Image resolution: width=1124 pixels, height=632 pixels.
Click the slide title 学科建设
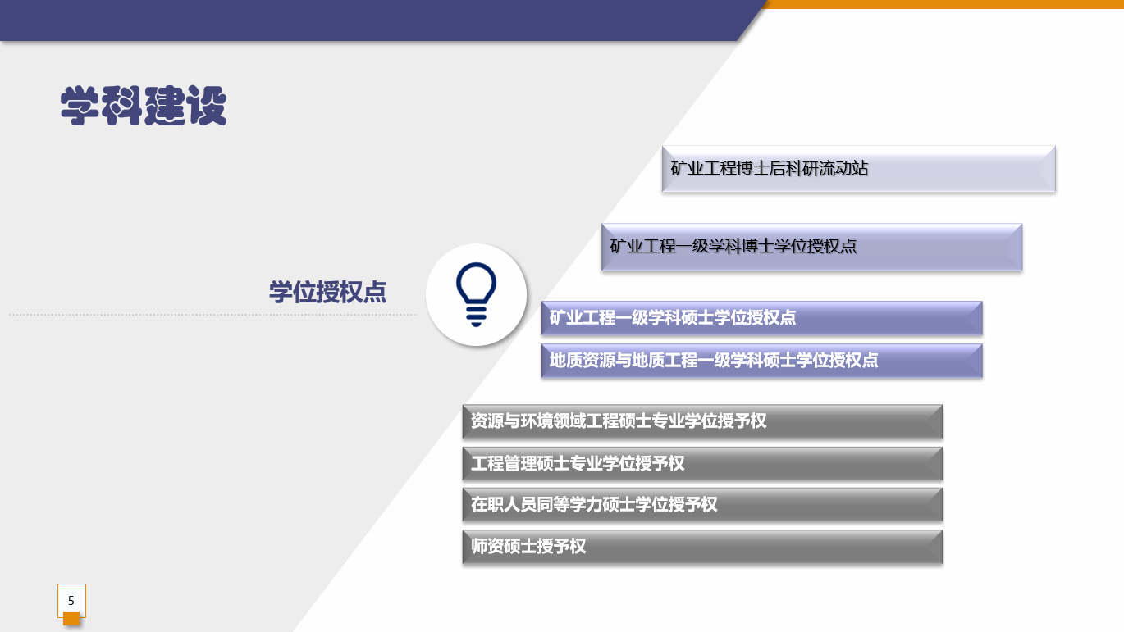tap(144, 105)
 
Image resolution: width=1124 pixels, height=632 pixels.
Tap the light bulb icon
tap(476, 294)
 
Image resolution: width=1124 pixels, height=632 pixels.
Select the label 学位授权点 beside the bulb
tap(327, 292)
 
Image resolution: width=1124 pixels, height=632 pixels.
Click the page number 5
tap(71, 600)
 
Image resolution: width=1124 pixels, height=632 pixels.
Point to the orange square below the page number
tap(71, 618)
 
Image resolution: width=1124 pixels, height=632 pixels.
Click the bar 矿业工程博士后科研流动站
tap(858, 169)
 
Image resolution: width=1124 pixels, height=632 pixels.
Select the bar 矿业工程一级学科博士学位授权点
tap(812, 247)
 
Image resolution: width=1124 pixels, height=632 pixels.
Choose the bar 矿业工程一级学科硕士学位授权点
tap(761, 318)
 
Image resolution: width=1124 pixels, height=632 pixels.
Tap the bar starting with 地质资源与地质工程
tap(761, 361)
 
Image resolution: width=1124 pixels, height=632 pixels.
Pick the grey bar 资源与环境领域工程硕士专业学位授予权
tap(702, 421)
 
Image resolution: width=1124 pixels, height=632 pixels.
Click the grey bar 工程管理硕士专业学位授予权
tap(702, 464)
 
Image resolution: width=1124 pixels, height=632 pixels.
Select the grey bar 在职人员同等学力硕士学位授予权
tap(702, 505)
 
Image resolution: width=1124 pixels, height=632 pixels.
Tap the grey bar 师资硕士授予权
tap(702, 547)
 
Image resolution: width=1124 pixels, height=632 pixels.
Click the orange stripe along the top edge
tap(944, 4)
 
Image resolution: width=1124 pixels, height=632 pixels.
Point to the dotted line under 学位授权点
tap(212, 315)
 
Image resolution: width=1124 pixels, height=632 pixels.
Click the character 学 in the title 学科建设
tap(80, 105)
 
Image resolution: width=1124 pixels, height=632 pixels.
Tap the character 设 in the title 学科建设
tap(207, 105)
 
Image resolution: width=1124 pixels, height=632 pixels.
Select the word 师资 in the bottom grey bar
tap(487, 546)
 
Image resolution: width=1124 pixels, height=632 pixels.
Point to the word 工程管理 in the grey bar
tap(503, 463)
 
